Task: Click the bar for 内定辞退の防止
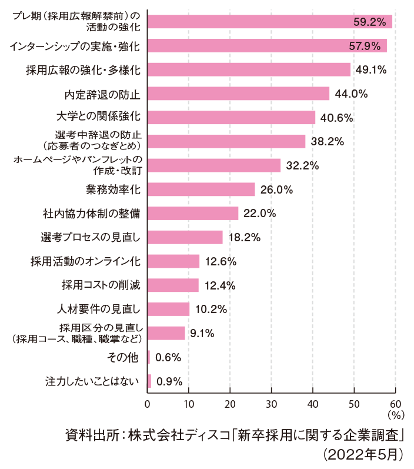(x=238, y=94)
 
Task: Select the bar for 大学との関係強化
(x=231, y=117)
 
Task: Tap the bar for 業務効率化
(x=201, y=189)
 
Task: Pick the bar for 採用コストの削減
(x=173, y=285)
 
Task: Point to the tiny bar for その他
(x=148, y=357)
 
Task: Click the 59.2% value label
(x=369, y=22)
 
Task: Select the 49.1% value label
(x=370, y=70)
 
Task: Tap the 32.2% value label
(x=302, y=166)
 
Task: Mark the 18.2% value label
(x=244, y=238)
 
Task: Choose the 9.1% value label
(x=202, y=334)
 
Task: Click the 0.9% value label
(x=169, y=381)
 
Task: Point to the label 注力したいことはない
(x=93, y=381)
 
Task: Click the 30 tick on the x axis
(x=271, y=404)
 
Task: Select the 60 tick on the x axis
(x=395, y=404)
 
